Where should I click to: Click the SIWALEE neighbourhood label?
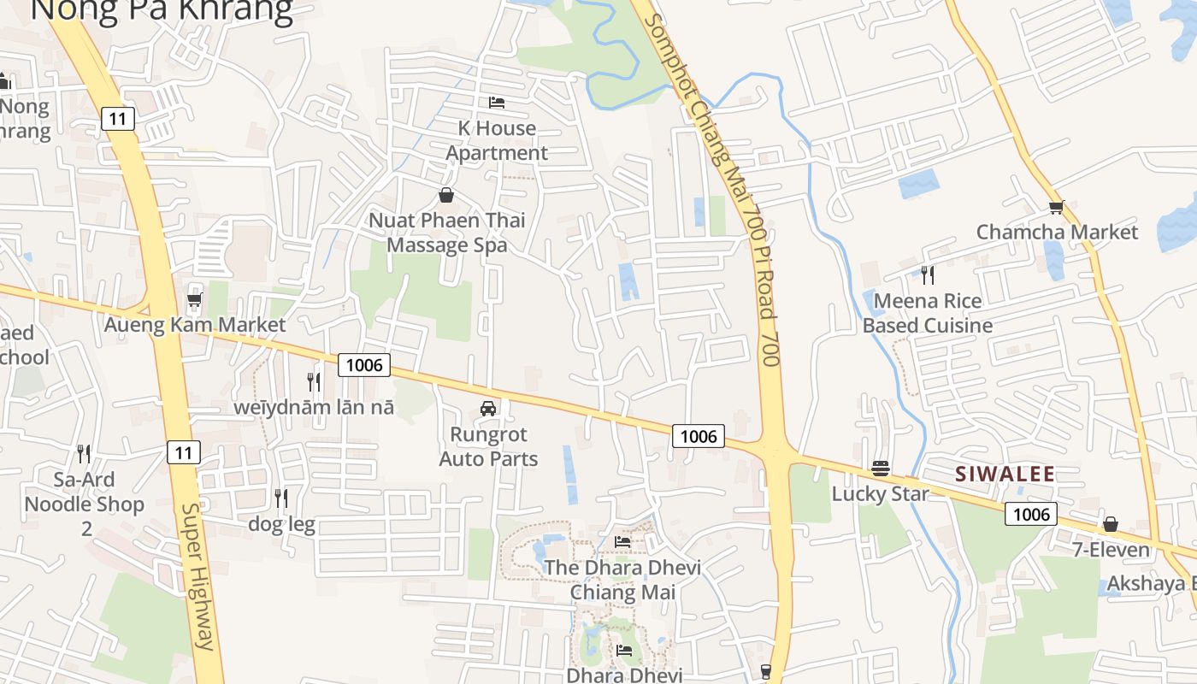(1005, 474)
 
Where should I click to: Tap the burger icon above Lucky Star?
(881, 468)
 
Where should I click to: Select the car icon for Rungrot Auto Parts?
(488, 409)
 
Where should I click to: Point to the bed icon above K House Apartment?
(497, 103)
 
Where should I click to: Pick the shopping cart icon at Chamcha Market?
(1057, 207)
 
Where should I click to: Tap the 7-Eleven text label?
(1111, 549)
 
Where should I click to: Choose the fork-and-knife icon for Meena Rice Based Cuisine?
(928, 275)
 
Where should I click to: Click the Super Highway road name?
(198, 576)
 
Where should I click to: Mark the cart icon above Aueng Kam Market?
(194, 300)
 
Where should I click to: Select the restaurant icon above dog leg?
(280, 498)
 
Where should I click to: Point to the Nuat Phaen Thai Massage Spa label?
(446, 233)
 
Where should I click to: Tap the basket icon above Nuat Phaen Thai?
(445, 195)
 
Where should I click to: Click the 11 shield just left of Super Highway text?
(184, 452)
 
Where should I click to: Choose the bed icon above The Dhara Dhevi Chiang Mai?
(622, 542)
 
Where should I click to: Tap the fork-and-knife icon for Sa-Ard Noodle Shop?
(84, 453)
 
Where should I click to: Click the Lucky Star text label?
(880, 494)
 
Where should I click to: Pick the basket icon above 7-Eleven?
(1111, 524)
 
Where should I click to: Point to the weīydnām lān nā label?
(315, 407)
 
